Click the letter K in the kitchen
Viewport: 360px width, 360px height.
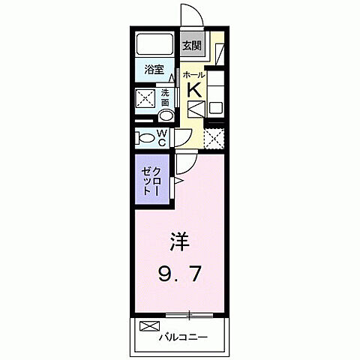coord(193,89)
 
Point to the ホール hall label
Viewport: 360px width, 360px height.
coord(193,75)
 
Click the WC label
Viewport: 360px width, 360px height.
coord(163,139)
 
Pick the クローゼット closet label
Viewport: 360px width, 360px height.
coord(153,179)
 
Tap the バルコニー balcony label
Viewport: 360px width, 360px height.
coord(183,336)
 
